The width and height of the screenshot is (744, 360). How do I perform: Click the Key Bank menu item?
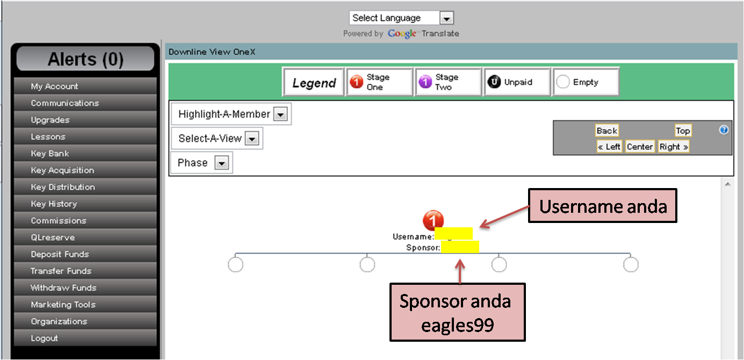50,154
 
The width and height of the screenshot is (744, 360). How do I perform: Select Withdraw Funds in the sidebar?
63,288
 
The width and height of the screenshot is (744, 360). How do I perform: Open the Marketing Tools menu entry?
63,305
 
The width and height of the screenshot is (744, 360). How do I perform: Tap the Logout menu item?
44,339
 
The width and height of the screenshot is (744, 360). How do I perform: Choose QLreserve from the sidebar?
53,237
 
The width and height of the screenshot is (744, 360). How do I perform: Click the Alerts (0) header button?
85,59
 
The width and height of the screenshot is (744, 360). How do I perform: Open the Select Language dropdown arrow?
446,18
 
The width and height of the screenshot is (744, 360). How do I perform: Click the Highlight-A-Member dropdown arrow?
281,114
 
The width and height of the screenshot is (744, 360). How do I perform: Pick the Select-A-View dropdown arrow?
252,139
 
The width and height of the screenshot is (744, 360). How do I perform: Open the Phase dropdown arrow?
221,163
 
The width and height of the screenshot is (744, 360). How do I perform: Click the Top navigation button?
683,131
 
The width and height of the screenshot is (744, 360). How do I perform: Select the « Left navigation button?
609,147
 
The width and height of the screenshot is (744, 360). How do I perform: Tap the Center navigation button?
640,147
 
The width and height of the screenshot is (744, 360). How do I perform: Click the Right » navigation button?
674,147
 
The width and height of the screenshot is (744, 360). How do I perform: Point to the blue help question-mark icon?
724,130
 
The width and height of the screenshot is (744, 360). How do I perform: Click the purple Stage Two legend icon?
425,82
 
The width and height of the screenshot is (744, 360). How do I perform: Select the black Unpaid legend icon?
494,82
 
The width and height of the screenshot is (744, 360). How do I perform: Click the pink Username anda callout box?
603,206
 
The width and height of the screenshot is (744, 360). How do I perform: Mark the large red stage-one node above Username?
434,220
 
